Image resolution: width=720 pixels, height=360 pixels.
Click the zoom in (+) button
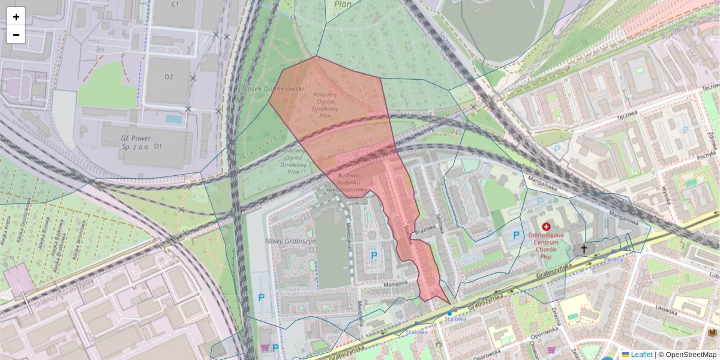(16, 17)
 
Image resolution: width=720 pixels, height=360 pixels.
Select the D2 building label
(169, 77)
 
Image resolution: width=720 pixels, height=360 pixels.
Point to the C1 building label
(175, 5)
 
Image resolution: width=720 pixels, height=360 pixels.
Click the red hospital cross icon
(546, 227)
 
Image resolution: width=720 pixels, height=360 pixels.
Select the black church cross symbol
(583, 248)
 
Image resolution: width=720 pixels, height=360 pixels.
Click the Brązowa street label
(425, 230)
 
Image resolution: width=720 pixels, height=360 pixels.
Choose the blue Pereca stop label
(613, 259)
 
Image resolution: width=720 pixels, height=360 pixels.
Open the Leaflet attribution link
(641, 355)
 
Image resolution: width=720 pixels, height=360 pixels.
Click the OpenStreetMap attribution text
(690, 355)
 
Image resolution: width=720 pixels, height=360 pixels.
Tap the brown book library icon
(713, 332)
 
